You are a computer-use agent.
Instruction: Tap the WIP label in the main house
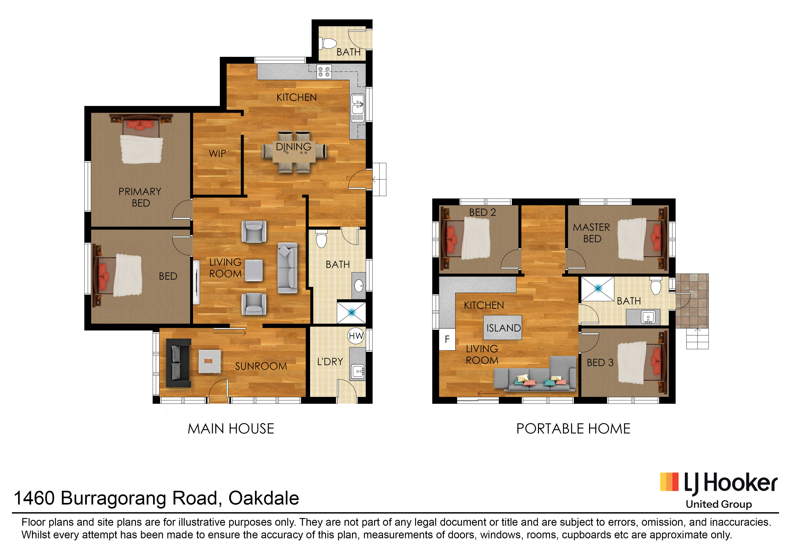[x=218, y=154]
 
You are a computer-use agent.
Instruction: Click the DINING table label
[x=294, y=147]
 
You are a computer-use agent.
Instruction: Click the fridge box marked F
[x=447, y=340]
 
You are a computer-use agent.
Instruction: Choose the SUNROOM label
[x=261, y=366]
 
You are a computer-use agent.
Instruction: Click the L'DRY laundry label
[x=330, y=362]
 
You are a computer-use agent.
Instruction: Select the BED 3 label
[x=600, y=363]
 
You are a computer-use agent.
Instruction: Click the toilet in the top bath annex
[x=328, y=44]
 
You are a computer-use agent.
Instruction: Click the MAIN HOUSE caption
[x=231, y=429]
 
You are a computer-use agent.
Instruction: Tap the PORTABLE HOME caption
[x=573, y=429]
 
